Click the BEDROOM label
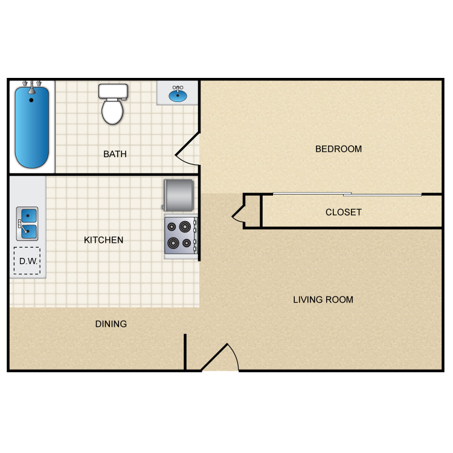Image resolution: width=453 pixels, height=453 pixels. tap(338, 149)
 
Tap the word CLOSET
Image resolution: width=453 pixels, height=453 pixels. tap(343, 213)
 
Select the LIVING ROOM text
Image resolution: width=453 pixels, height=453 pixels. tap(323, 300)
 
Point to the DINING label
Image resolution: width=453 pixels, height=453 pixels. tap(111, 324)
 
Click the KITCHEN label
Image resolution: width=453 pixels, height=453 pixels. tap(103, 240)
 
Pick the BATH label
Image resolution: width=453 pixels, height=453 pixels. tap(115, 154)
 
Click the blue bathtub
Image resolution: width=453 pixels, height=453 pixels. tap(32, 127)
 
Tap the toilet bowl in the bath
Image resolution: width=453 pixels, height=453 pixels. tap(112, 111)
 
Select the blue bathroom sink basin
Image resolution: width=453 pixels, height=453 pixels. tap(178, 95)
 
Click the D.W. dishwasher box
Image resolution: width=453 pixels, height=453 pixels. tap(27, 261)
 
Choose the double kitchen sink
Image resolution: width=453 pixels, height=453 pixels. tap(27, 223)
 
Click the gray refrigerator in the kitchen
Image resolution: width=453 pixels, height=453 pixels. tap(178, 196)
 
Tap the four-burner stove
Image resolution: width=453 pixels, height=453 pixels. tap(181, 235)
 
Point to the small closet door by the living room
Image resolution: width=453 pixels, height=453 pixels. tap(238, 213)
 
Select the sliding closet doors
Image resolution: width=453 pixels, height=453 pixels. tap(347, 194)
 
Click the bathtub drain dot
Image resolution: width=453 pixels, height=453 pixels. tap(31, 100)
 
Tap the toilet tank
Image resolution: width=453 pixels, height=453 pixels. tap(113, 91)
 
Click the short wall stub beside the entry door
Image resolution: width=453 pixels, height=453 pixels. tap(185, 352)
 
